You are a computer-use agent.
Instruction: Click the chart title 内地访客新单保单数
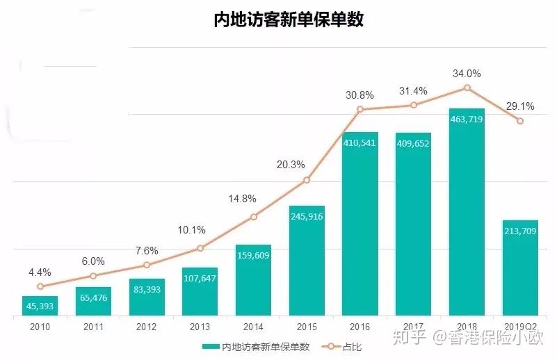click(x=289, y=19)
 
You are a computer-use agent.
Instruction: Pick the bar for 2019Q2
click(x=520, y=268)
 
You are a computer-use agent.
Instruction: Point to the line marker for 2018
click(x=467, y=88)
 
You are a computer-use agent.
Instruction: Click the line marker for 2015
click(x=307, y=181)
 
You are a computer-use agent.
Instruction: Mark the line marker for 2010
click(x=40, y=286)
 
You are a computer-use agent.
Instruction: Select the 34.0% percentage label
click(x=467, y=73)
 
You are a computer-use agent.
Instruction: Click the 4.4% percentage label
click(x=40, y=272)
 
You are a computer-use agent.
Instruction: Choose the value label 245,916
click(x=307, y=216)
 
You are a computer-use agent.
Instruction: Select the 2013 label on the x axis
click(x=200, y=327)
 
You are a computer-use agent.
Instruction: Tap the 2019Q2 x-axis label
click(x=520, y=327)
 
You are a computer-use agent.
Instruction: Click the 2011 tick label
click(x=93, y=327)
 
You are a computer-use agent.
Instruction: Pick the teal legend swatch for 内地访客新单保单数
click(x=210, y=345)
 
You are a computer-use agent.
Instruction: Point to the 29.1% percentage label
click(x=520, y=106)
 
